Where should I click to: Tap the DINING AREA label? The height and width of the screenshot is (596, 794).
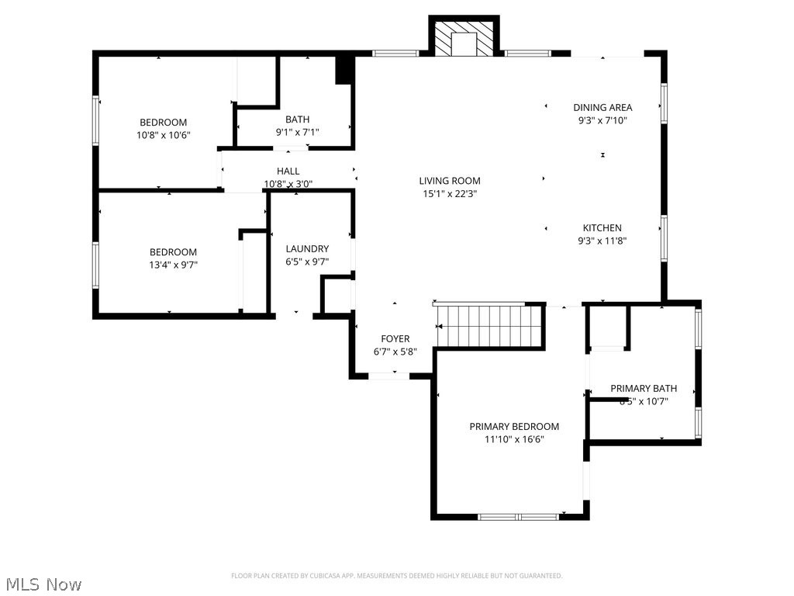point(602,108)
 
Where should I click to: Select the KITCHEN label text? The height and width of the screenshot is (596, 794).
point(602,228)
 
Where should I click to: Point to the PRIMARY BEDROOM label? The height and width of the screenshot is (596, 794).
point(513,426)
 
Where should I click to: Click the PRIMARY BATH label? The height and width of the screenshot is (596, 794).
point(643,388)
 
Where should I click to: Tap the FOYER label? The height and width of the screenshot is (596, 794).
point(395,338)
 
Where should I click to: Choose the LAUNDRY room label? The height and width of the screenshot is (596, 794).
point(307,248)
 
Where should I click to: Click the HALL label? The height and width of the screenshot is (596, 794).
point(288,171)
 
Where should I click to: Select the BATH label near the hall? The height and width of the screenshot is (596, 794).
point(297,119)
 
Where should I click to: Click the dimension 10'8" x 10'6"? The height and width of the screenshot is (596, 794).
point(163,135)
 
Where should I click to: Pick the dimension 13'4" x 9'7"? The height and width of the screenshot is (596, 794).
point(173,265)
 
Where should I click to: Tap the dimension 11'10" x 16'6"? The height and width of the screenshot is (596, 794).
point(514,439)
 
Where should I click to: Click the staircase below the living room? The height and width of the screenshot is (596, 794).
point(488,326)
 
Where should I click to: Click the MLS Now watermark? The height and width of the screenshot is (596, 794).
point(43,584)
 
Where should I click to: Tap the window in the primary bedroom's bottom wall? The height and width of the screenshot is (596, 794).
point(517,516)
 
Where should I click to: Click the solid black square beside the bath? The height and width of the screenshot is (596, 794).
point(343,70)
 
